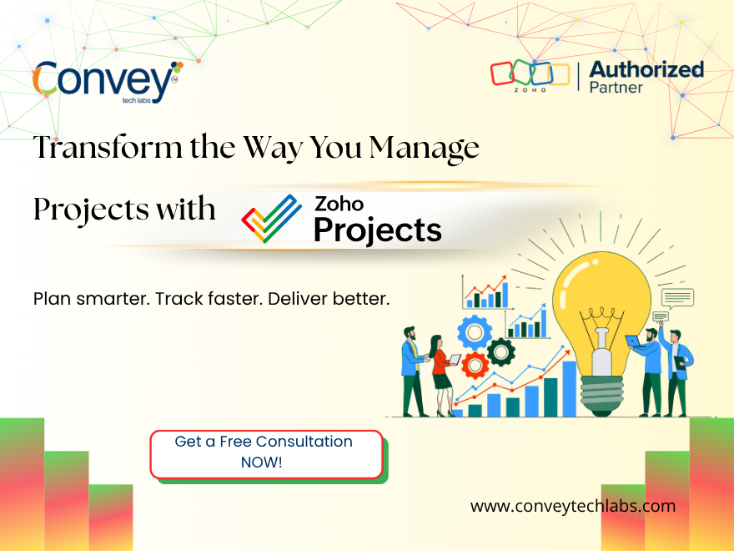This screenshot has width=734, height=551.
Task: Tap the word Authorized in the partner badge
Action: (646, 68)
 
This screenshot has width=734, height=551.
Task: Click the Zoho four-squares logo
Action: (521, 73)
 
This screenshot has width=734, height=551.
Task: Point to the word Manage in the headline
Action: (425, 148)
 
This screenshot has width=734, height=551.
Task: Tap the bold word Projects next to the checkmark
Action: (377, 229)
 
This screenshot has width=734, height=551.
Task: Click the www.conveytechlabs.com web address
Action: (572, 506)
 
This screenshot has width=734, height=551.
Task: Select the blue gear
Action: (474, 331)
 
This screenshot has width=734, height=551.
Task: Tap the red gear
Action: (475, 365)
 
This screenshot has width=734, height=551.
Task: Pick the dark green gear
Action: (501, 351)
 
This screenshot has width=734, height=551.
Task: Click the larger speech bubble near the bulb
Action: (677, 296)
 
